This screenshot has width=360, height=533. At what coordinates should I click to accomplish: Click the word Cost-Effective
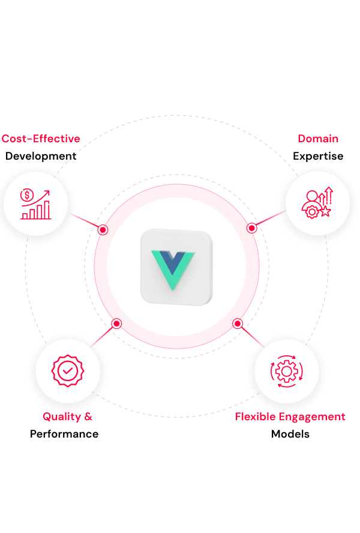41,139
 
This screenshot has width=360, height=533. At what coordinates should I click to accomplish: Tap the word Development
41,156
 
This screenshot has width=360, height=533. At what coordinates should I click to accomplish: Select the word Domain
318,139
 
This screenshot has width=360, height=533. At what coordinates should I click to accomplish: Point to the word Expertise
318,157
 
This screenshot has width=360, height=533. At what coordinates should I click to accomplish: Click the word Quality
62,417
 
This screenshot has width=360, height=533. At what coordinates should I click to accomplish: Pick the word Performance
64,434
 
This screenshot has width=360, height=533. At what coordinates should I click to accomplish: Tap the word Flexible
255,417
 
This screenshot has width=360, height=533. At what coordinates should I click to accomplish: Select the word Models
290,434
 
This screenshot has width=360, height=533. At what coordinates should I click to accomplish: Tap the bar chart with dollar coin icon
35,204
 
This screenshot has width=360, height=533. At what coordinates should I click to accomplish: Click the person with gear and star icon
317,203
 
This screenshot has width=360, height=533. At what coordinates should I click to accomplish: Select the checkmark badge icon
68,370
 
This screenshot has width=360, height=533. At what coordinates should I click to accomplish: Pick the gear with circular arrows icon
287,371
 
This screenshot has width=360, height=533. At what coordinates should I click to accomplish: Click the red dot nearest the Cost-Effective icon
103,230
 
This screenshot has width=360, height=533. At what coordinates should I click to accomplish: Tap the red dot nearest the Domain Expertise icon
251,228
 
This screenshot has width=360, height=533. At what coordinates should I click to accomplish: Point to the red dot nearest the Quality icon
116,324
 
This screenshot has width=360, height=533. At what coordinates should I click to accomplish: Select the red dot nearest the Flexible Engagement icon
238,324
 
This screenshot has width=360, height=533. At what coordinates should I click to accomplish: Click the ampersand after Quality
88,417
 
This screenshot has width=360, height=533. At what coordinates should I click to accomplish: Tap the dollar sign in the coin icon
27,195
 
